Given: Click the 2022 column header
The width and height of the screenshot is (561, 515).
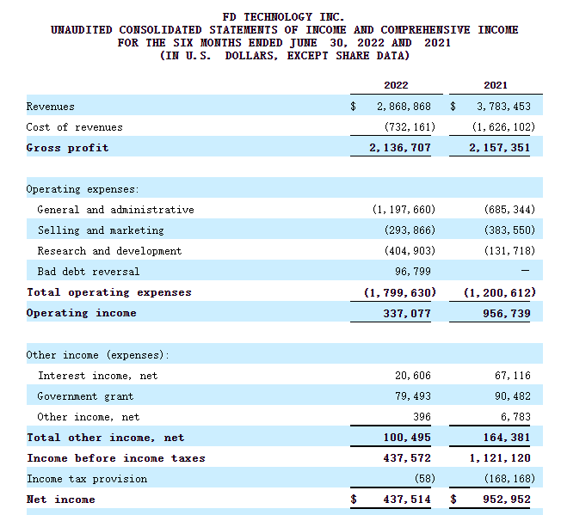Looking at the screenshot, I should [x=396, y=85].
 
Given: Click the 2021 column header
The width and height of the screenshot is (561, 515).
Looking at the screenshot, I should [x=495, y=85].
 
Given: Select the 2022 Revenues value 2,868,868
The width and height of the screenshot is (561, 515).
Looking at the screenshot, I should [x=404, y=107].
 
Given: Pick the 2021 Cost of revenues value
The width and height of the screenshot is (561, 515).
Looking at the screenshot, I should [x=502, y=127].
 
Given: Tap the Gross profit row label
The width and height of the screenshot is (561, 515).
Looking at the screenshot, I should [x=67, y=148].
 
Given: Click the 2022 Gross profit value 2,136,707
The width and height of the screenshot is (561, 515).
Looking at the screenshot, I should [x=400, y=148].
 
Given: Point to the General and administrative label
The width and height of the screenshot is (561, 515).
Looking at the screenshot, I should [x=115, y=210].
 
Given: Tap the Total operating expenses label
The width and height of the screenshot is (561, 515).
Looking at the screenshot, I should [x=109, y=292].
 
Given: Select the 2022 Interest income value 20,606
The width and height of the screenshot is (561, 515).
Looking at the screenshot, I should [x=413, y=376].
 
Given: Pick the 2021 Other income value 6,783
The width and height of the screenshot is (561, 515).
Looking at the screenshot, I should [x=515, y=417].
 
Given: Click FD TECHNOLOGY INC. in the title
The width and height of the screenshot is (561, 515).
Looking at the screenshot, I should [x=283, y=17].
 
